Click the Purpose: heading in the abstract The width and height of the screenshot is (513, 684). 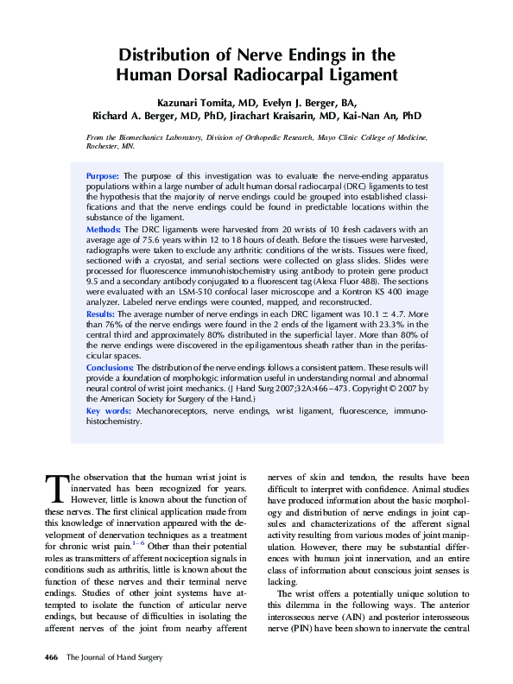point(104,176)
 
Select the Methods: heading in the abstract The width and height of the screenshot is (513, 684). point(104,229)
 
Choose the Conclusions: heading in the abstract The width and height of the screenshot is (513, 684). point(110,368)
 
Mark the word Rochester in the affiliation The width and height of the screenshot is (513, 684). point(104,148)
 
